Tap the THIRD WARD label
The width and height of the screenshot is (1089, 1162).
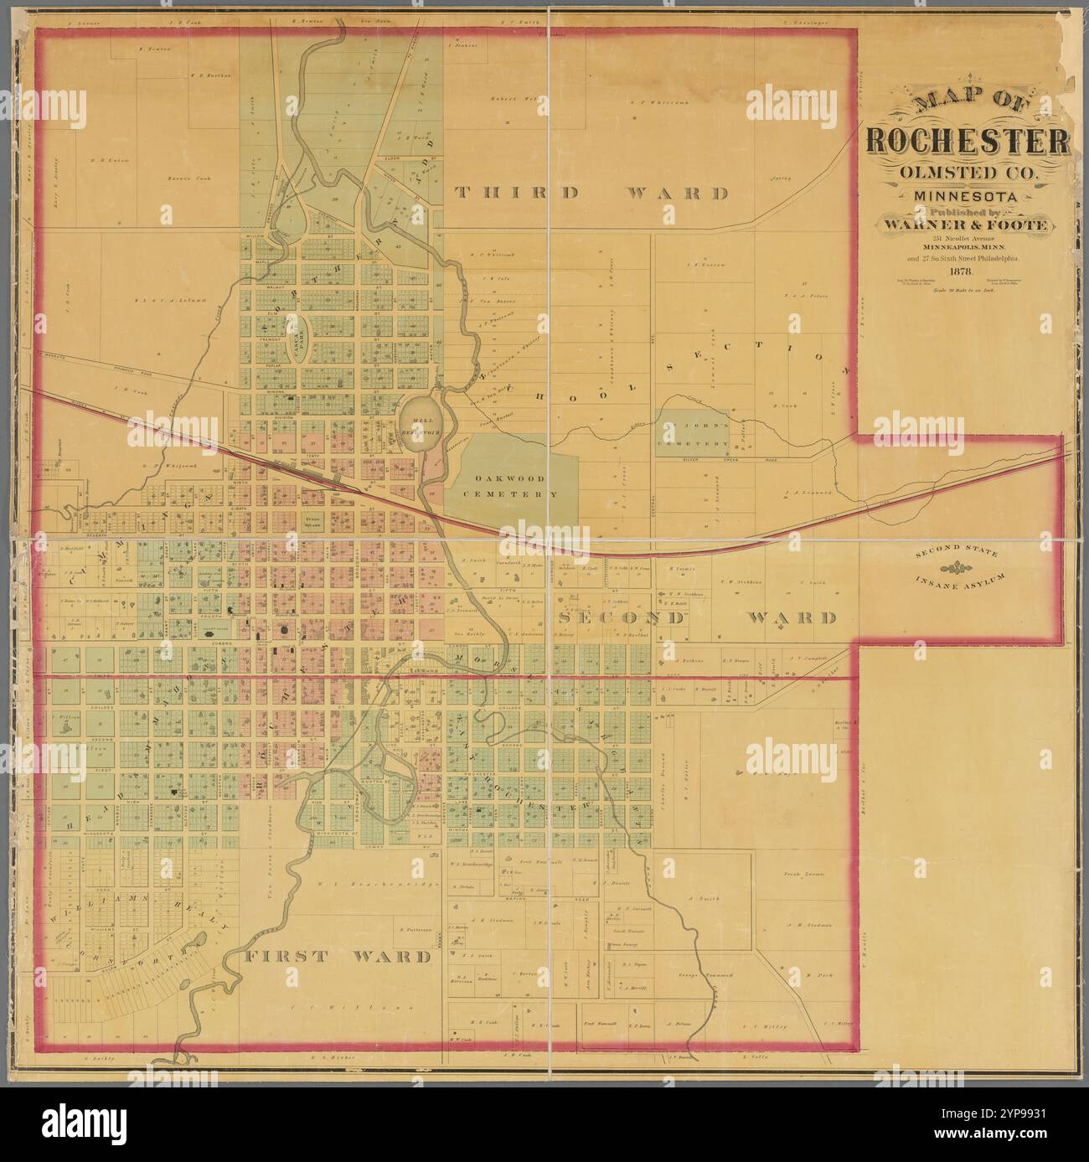[x=591, y=194]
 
